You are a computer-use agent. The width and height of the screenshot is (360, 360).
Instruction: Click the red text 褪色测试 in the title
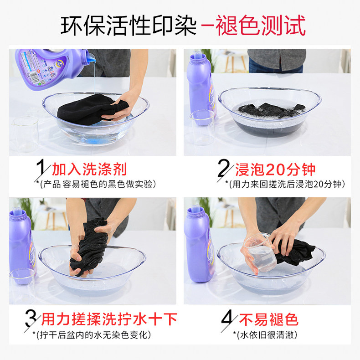click(261, 25)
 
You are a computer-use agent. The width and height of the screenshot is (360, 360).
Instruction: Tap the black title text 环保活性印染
click(129, 25)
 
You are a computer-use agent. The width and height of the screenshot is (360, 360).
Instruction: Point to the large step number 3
click(31, 319)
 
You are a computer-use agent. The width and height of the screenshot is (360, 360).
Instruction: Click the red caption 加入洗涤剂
click(89, 170)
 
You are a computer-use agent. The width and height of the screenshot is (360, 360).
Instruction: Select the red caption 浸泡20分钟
click(275, 170)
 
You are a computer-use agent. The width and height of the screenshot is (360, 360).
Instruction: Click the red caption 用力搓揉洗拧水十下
click(109, 319)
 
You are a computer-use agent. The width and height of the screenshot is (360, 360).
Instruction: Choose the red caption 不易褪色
click(268, 319)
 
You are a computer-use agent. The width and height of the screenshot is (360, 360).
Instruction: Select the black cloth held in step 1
click(92, 109)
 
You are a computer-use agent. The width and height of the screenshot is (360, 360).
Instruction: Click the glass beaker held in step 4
click(261, 252)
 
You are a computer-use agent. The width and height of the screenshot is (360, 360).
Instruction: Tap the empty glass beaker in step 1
click(25, 134)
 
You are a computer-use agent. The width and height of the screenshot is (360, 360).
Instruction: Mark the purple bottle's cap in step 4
click(195, 211)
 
